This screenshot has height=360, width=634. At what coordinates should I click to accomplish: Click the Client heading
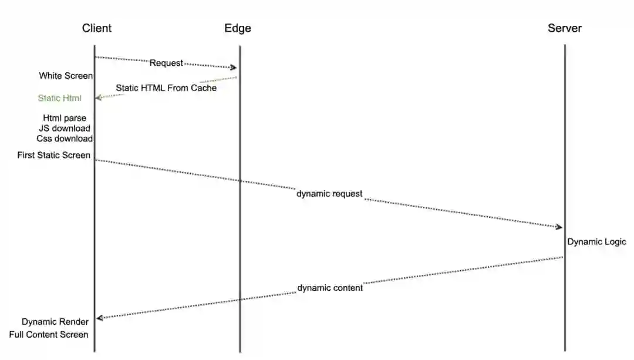coord(97,28)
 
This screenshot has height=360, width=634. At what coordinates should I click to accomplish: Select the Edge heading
coord(238,28)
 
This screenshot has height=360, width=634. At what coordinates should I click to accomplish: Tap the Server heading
coord(565,28)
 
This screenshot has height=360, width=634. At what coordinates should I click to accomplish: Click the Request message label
coord(166,63)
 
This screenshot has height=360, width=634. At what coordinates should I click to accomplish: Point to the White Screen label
coord(66,76)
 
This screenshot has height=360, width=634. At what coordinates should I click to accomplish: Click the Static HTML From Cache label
coord(166,88)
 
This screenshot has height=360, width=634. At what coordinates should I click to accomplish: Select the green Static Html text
coord(59,98)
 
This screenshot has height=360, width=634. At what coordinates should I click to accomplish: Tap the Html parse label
coord(65,118)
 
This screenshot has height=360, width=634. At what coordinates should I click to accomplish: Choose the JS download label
coord(65,128)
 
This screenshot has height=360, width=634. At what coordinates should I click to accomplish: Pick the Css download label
coord(65,139)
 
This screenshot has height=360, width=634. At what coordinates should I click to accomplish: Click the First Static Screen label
coord(54,155)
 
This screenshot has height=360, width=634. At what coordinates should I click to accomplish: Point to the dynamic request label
coord(329,194)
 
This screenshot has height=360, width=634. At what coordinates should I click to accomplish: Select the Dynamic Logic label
coord(596,242)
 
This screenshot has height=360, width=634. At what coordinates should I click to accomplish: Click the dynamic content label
coord(330,288)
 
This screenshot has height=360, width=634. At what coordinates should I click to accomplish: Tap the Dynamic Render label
coord(55,322)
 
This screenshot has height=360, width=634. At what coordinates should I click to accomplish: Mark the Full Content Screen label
coord(49,335)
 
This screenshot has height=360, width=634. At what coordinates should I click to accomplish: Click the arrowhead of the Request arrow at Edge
coord(234,68)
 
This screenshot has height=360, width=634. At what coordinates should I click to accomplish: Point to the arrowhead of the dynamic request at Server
coord(559,227)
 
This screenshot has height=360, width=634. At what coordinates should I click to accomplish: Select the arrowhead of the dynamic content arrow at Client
coord(100,318)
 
